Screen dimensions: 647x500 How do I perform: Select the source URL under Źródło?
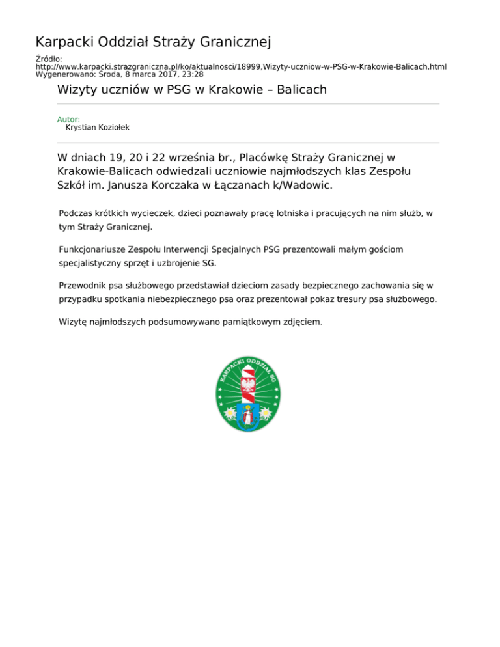(x=241, y=66)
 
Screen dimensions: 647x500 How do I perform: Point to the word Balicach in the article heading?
(x=301, y=89)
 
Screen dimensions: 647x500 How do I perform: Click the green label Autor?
(x=69, y=120)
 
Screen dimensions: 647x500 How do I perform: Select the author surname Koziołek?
(x=110, y=128)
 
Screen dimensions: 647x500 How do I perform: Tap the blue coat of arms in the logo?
(x=248, y=415)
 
